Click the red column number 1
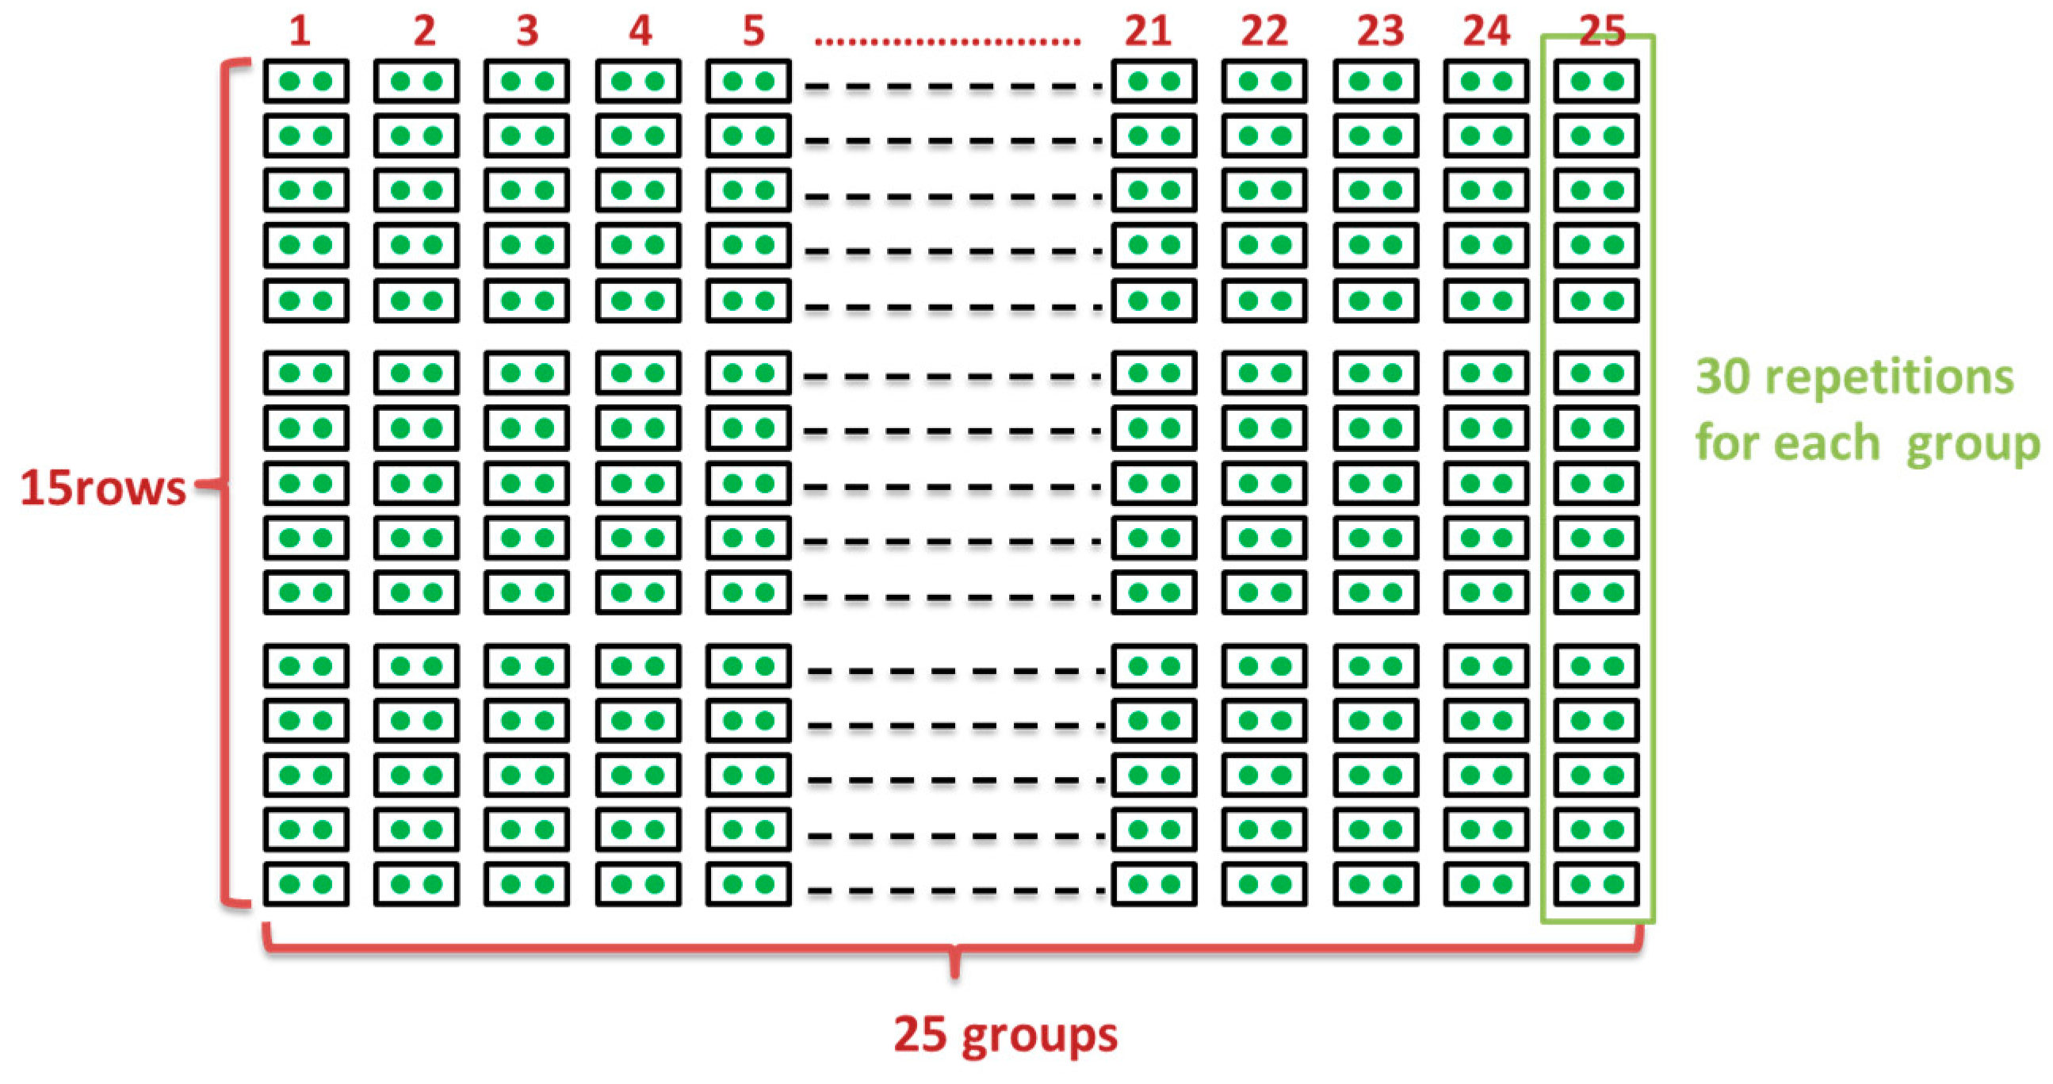[x=300, y=32]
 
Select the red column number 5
[x=753, y=32]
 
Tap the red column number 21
[x=1148, y=32]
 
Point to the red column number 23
[x=1380, y=32]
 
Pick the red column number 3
[x=527, y=32]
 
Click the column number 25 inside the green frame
[x=1602, y=32]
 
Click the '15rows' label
[x=103, y=487]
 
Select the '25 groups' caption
[x=1006, y=1035]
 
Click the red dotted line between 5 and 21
[x=946, y=40]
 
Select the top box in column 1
[x=306, y=82]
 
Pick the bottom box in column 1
[x=306, y=884]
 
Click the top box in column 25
[x=1596, y=82]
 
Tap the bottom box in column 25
[x=1596, y=884]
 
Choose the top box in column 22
[x=1264, y=82]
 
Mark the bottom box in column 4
[x=638, y=884]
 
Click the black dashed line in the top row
[x=952, y=86]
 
